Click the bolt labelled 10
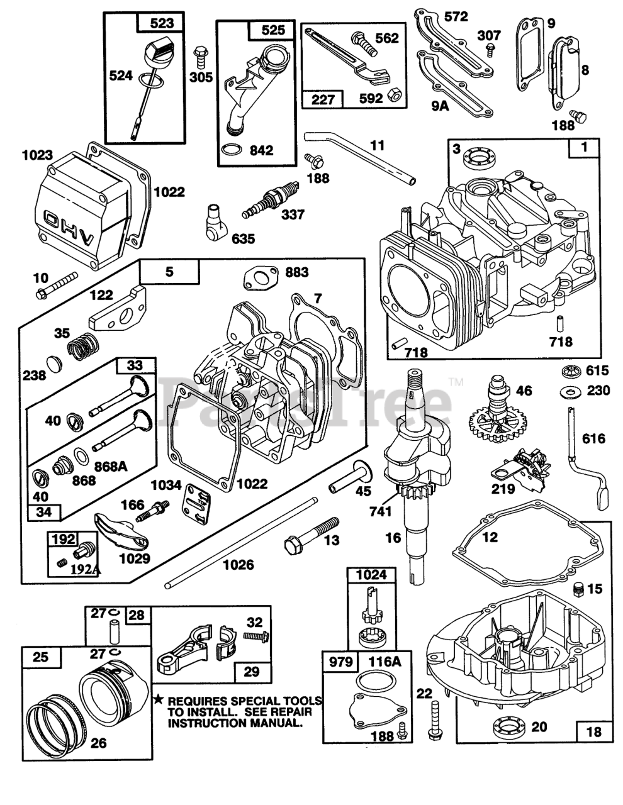[57, 284]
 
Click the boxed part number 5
[169, 273]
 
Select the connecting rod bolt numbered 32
[253, 638]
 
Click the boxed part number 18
[593, 731]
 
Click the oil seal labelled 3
[476, 157]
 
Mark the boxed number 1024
[371, 574]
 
